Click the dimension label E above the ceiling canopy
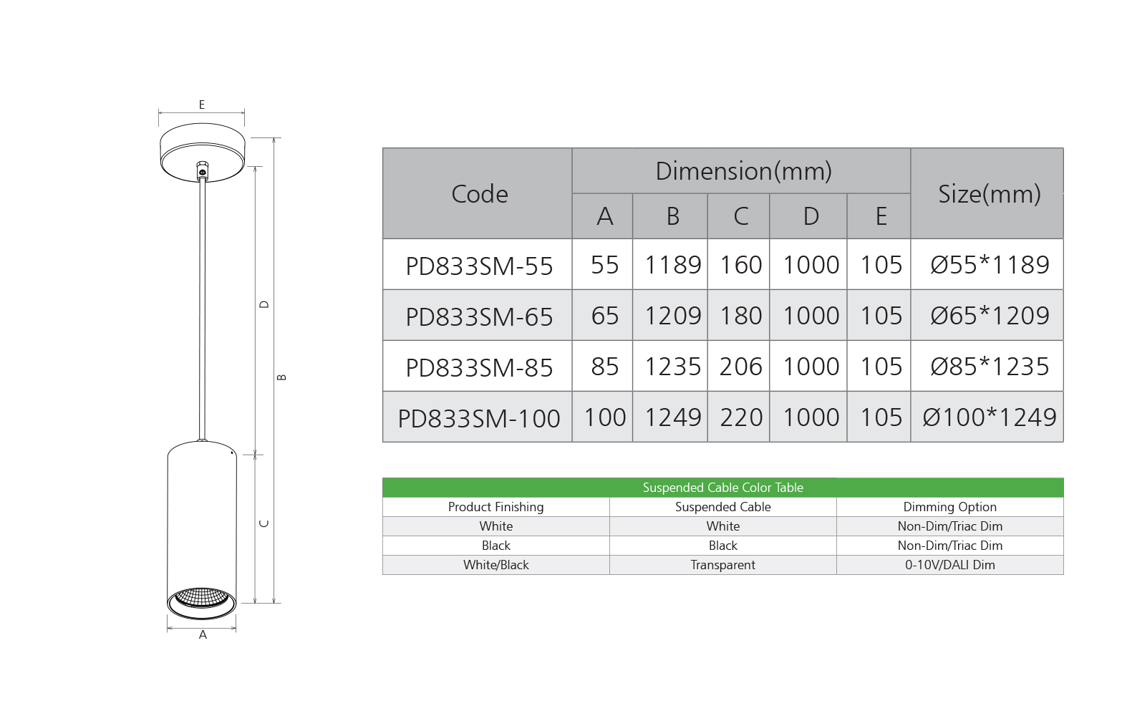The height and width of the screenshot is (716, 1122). pos(202,105)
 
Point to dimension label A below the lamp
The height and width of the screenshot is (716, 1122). pos(203,635)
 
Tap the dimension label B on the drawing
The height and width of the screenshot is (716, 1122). pos(281,377)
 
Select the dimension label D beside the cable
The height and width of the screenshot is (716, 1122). pos(264,304)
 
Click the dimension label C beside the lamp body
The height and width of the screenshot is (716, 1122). pos(264,523)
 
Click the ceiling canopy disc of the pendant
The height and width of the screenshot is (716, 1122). pos(203,151)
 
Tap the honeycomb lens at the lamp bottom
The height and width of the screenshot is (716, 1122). pos(202,598)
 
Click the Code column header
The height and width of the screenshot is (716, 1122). pos(479,194)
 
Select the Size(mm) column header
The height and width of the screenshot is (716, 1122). pos(988,194)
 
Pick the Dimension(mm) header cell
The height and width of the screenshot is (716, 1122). pos(743,171)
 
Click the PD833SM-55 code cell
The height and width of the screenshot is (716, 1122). pos(479,266)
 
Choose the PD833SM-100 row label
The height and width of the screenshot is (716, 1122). pos(478,418)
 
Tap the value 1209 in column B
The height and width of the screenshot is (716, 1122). pos(672,316)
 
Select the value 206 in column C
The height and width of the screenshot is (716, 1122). pos(740,367)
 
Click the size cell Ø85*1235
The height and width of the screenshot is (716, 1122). pos(989,367)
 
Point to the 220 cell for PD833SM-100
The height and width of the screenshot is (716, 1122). pos(740,417)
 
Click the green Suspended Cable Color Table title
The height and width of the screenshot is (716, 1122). pos(722,488)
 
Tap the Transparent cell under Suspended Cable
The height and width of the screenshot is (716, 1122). pos(722,565)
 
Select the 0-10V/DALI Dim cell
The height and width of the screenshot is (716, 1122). pos(949,565)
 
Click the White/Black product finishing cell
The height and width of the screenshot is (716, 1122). pos(495,565)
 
